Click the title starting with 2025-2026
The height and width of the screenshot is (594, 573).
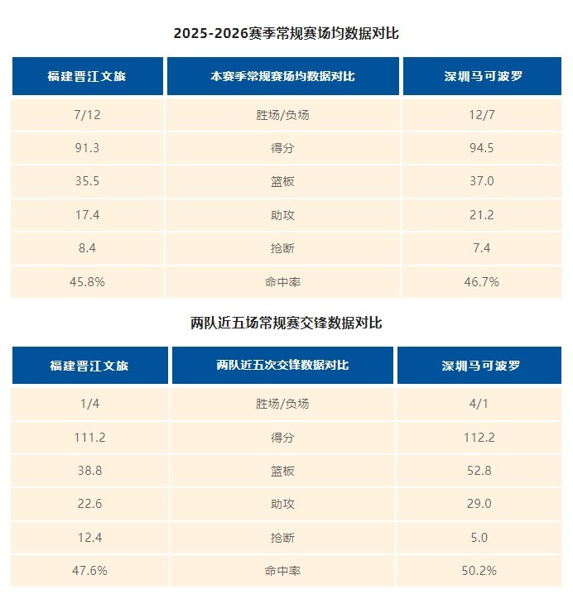coord(286,33)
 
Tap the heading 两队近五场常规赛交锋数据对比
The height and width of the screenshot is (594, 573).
coord(286,323)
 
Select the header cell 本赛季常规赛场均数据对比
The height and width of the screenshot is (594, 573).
coord(283,76)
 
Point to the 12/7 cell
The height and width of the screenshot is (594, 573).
coord(483,115)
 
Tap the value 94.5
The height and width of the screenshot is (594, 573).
coord(483,148)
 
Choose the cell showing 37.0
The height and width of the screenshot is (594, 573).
coord(483,182)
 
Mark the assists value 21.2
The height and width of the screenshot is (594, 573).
coord(483,215)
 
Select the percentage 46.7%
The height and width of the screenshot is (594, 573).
coord(483,281)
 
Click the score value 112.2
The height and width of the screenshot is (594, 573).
coord(479,438)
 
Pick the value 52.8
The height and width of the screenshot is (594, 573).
coord(479,471)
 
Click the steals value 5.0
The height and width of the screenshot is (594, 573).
coord(479,537)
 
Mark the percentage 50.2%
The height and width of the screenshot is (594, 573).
coord(479,570)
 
